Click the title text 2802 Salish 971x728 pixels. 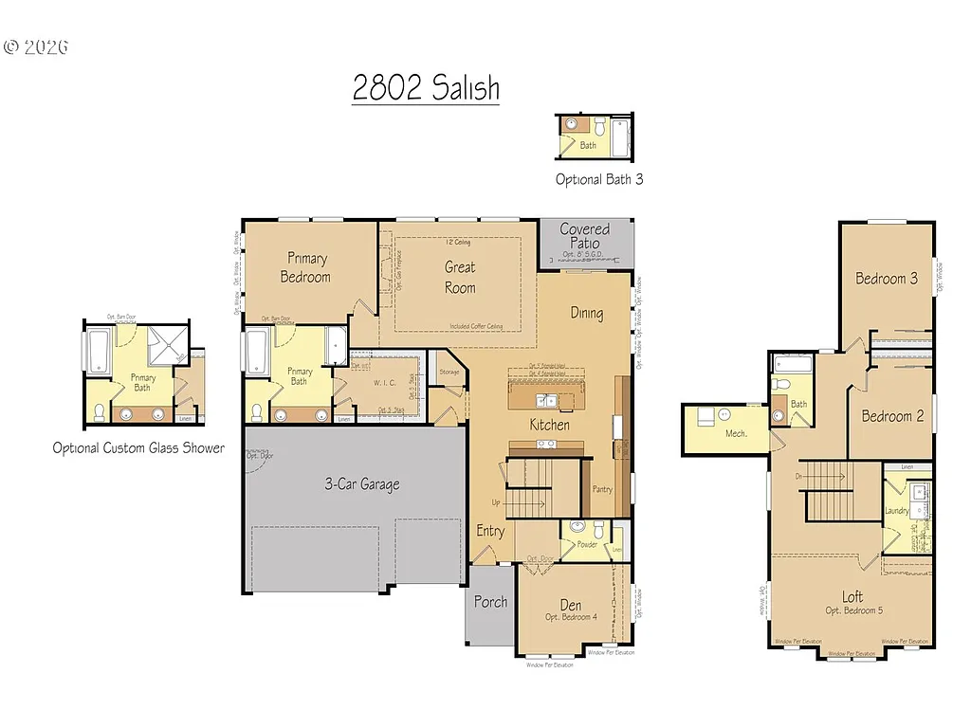pos(426,88)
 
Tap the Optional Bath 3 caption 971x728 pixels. pos(599,179)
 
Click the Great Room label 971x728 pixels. pos(460,278)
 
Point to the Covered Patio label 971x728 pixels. pos(585,236)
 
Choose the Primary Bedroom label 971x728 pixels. pos(305,267)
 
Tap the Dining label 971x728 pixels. pos(586,313)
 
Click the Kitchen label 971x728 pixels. pos(550,425)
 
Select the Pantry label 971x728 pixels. pos(601,489)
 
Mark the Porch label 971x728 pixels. pos(490,602)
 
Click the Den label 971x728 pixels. pos(570,605)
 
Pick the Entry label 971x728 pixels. pos(490,531)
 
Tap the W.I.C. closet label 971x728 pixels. pos(383,384)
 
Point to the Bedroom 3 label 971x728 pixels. pos(887,279)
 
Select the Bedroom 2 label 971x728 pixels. pos(892,416)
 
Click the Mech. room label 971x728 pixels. pos(737,433)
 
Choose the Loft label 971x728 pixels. pos(852,597)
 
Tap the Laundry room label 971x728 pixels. pos(896,511)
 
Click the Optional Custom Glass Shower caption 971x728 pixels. pos(138,447)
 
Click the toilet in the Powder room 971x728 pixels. pos(598,527)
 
